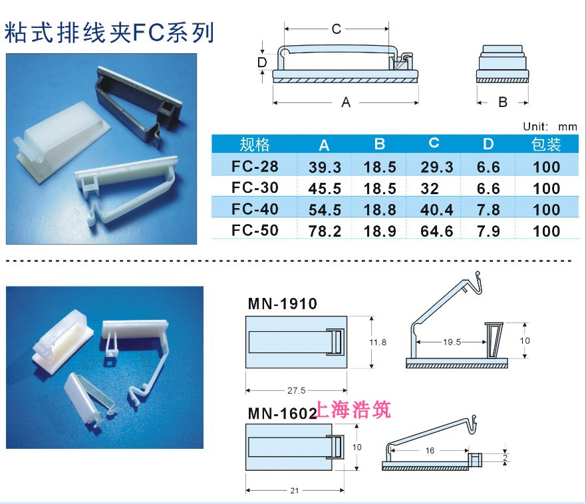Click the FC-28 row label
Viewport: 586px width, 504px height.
click(x=254, y=166)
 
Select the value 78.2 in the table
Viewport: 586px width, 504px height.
click(x=325, y=231)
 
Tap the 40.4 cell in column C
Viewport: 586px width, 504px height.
click(x=436, y=210)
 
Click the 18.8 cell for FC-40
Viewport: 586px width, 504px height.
click(x=380, y=210)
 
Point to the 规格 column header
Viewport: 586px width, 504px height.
click(x=254, y=144)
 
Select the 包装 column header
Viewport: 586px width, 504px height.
click(x=547, y=144)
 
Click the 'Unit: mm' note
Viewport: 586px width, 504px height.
click(x=549, y=126)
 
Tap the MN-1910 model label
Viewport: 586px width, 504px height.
click(x=282, y=305)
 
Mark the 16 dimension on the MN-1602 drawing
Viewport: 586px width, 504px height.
click(x=430, y=451)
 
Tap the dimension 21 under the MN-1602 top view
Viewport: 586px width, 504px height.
click(x=294, y=490)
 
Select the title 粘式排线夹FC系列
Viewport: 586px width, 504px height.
click(x=110, y=33)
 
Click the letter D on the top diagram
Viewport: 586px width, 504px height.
click(x=262, y=63)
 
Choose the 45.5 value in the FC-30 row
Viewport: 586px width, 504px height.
click(x=325, y=188)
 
